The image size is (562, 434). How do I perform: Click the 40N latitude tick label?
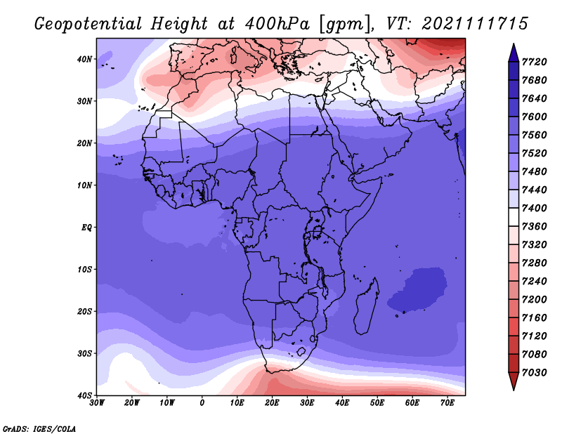coord(84,59)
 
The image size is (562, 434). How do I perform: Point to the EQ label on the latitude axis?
coord(86,228)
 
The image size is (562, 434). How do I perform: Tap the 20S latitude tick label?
coord(84,311)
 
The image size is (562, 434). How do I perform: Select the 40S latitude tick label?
coord(84,395)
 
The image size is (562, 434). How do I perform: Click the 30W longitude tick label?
coord(97,403)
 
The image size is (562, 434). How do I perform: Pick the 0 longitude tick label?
coord(202,403)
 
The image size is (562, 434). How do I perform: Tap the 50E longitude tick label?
coord(377,403)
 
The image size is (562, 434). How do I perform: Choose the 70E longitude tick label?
coord(447,403)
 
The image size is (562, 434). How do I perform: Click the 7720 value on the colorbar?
coord(535,62)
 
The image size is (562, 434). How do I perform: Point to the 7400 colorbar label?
coord(535,208)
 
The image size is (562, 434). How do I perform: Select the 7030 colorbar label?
coord(535,373)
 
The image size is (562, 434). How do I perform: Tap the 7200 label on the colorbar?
coord(535,300)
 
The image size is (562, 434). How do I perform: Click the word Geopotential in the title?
coord(89,24)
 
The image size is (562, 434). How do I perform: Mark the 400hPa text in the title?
coord(277,24)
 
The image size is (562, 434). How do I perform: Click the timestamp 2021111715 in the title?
coord(475,24)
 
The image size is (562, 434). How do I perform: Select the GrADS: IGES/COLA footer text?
coord(39,428)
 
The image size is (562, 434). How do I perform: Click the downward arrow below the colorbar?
coord(514,381)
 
